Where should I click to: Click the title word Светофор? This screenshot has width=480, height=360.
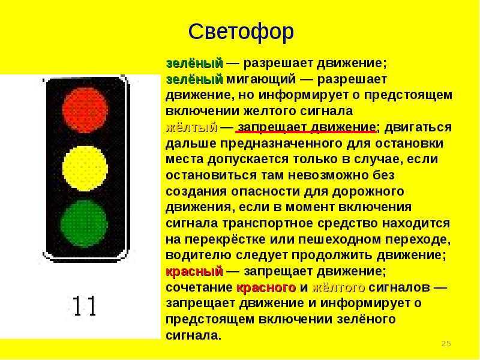click(x=241, y=32)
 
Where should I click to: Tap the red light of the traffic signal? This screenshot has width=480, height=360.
click(x=85, y=110)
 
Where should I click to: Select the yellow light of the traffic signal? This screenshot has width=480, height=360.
click(x=85, y=169)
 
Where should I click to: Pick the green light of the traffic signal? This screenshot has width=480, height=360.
click(x=84, y=224)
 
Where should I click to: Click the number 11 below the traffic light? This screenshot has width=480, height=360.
click(x=85, y=306)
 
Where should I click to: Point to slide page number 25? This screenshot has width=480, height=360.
click(x=446, y=343)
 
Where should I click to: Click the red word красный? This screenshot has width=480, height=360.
click(x=194, y=272)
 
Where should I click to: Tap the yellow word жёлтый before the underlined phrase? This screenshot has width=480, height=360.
click(x=191, y=127)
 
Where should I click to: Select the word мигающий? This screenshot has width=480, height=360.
click(x=261, y=79)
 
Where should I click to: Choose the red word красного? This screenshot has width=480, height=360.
click(x=266, y=288)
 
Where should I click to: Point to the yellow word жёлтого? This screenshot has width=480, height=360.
click(x=338, y=288)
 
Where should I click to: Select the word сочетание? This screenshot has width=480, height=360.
click(x=199, y=288)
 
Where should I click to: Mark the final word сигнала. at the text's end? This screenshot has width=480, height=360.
click(x=193, y=335)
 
